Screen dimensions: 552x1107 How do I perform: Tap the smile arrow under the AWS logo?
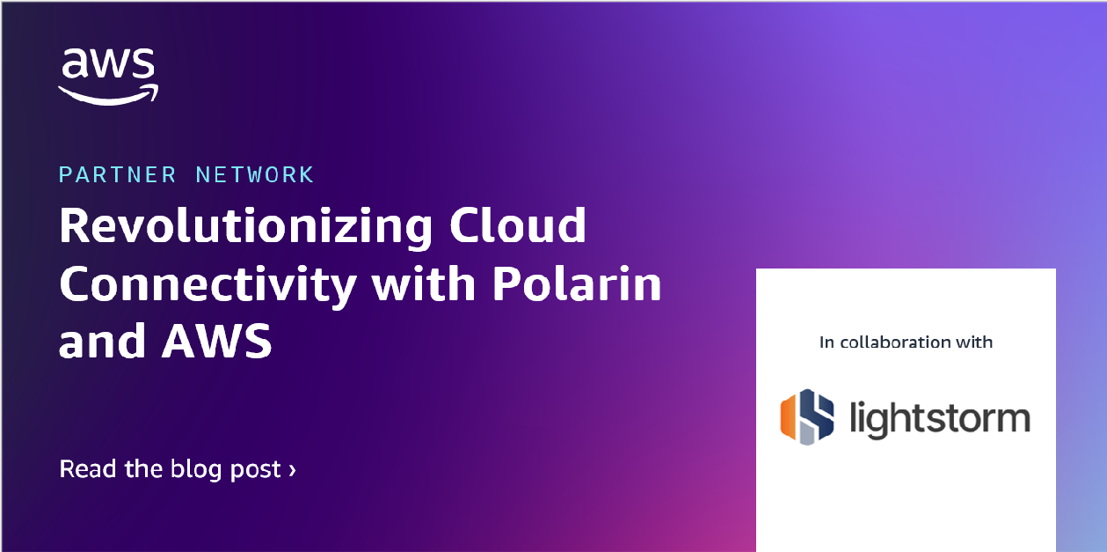click(108, 94)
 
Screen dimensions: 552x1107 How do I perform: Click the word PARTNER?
click(113, 174)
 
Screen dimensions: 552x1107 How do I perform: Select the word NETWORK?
click(254, 174)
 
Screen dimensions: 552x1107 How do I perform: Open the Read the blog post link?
click(177, 469)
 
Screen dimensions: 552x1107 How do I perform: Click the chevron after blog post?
click(292, 470)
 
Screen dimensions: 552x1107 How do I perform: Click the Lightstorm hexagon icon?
click(807, 416)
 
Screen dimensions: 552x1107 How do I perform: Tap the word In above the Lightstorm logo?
click(827, 342)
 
